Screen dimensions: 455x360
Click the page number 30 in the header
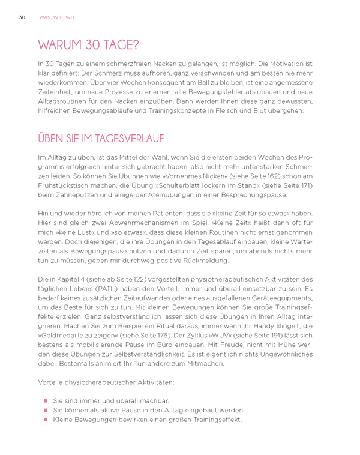pyautogui.click(x=22, y=17)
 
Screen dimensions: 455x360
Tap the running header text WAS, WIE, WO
pyautogui.click(x=56, y=17)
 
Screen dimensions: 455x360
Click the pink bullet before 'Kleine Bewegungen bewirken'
pyautogui.click(x=44, y=420)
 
